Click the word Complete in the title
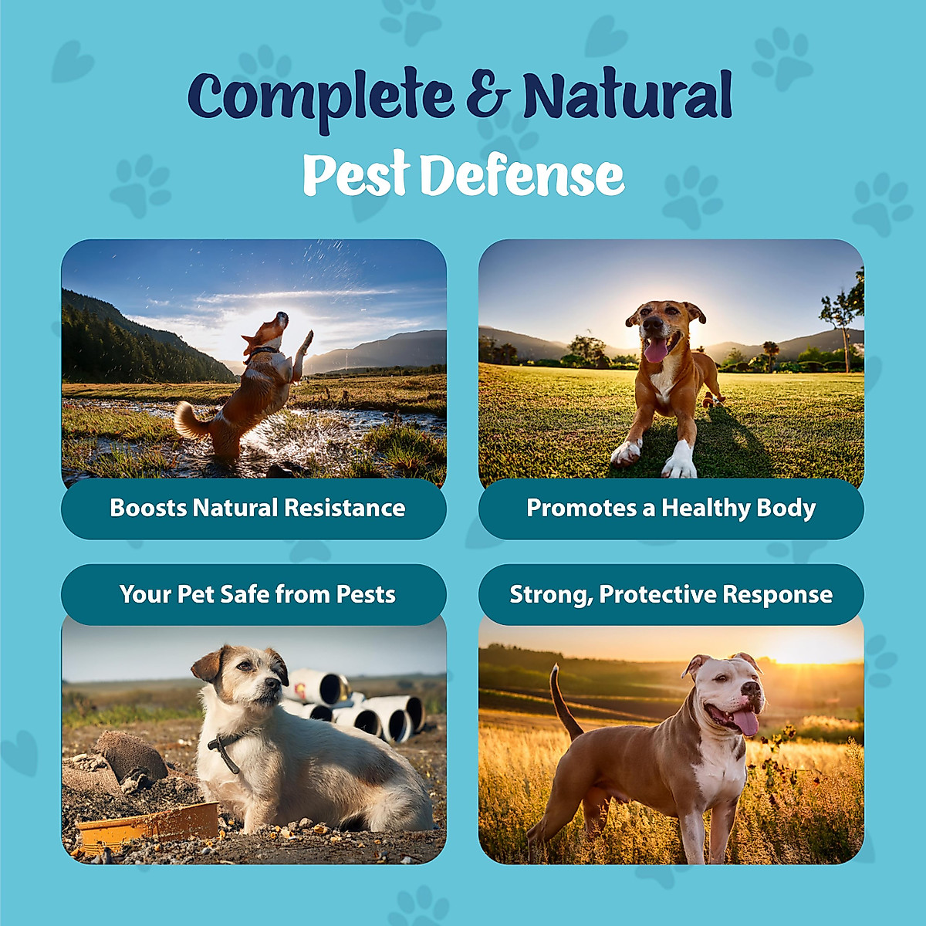tap(319, 96)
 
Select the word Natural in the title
tap(627, 96)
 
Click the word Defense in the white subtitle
tap(522, 175)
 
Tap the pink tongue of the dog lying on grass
tap(656, 351)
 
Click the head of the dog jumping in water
tap(271, 329)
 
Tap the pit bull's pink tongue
tap(745, 722)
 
